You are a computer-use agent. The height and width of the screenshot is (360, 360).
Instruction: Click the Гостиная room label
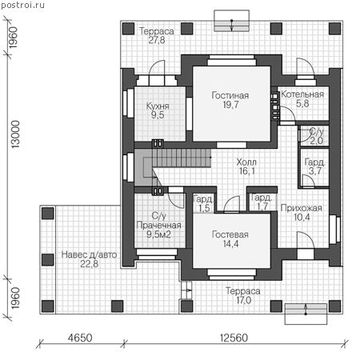[230, 100]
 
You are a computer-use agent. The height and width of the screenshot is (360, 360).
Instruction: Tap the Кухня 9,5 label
[158, 110]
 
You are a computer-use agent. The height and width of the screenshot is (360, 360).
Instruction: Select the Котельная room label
[302, 98]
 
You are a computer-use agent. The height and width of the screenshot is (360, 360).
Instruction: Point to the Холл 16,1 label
[246, 166]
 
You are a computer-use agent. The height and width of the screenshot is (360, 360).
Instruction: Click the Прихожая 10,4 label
[302, 213]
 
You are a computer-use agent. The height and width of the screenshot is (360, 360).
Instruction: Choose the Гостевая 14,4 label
[230, 239]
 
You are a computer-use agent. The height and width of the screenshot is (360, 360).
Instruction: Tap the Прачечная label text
[158, 225]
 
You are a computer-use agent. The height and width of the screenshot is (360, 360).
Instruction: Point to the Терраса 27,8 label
[157, 35]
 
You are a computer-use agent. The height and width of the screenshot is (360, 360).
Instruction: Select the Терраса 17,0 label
[243, 295]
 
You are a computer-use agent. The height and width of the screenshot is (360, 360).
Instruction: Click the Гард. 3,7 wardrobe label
[315, 166]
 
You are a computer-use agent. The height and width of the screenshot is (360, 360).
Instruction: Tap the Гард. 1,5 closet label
[203, 203]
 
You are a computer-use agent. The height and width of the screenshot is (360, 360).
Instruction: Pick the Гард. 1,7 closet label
[262, 202]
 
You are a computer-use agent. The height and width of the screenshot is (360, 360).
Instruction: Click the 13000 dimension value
[16, 134]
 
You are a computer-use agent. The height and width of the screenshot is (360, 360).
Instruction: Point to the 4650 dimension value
[80, 338]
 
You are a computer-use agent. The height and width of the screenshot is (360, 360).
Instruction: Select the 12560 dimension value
[234, 338]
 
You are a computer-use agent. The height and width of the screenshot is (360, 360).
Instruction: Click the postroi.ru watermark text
[23, 6]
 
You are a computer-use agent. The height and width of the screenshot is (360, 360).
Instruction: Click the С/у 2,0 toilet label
[316, 136]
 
